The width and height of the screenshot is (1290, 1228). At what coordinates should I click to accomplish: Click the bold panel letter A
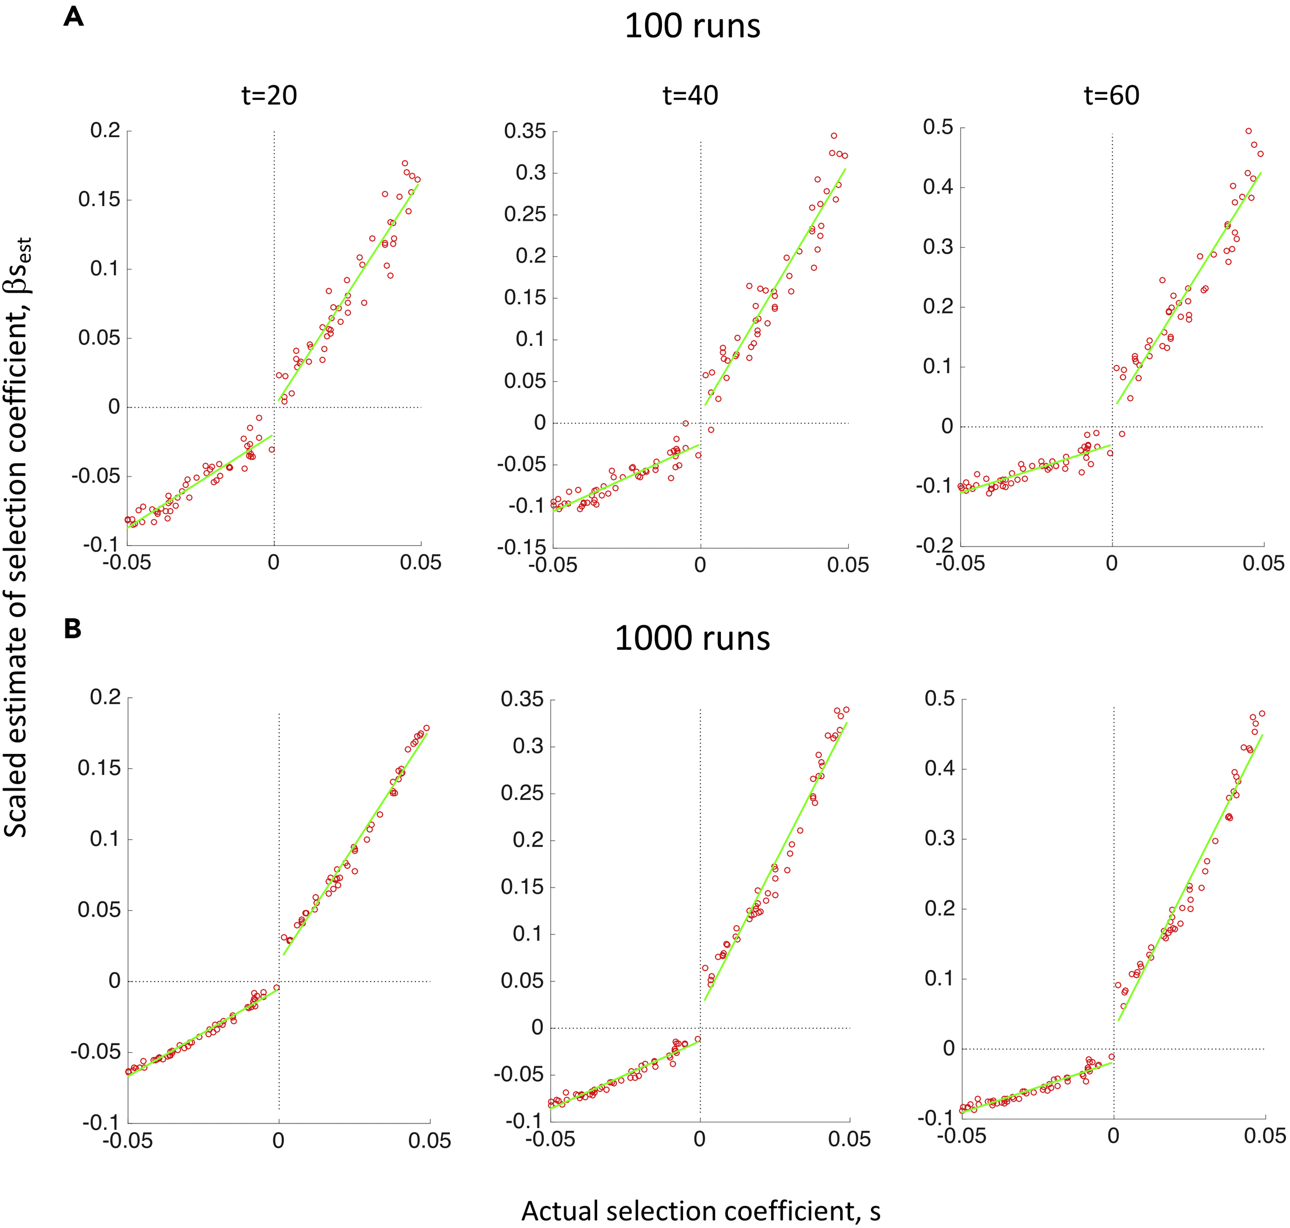coord(74,16)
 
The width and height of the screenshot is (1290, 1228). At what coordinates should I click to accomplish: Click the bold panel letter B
coord(72,628)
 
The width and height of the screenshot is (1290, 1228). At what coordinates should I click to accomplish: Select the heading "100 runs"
coord(692,27)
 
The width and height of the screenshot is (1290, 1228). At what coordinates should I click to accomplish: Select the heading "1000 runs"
coord(692,638)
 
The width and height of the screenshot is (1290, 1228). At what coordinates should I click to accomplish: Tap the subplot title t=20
coord(269,96)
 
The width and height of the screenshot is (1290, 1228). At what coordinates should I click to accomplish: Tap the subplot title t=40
coord(690,96)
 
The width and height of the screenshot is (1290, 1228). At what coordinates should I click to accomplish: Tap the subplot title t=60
coord(1111,96)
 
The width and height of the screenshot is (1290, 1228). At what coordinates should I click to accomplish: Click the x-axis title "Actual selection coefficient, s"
coord(700,1210)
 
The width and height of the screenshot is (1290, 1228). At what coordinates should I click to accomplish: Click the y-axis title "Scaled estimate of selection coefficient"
coord(18,537)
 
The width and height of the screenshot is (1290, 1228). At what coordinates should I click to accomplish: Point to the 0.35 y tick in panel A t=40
coord(525,131)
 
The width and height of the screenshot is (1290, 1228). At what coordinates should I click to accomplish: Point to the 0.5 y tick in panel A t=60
coord(938,127)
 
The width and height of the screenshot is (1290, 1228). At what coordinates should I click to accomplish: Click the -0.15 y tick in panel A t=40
coord(521,547)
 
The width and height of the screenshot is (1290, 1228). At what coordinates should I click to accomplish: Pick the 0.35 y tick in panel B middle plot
coord(522,699)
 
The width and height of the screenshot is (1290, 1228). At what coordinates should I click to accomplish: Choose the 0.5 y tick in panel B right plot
coord(939,698)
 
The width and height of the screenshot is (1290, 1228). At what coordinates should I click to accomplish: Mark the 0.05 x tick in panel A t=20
coord(421,562)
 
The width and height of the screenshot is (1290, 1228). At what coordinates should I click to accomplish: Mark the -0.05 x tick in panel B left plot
coord(128,1141)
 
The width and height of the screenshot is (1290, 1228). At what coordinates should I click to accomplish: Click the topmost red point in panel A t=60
coord(1248,131)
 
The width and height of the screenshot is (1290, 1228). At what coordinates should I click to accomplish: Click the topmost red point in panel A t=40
coord(834,135)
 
